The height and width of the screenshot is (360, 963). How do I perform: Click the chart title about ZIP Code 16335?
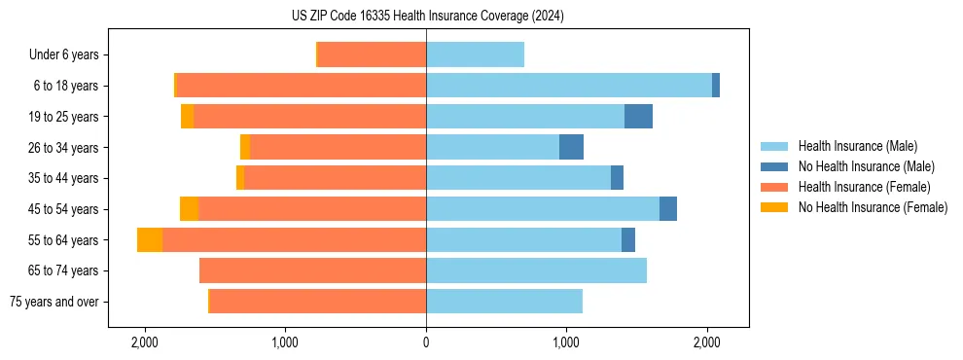(x=427, y=17)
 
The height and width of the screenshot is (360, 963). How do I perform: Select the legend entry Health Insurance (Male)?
(x=857, y=146)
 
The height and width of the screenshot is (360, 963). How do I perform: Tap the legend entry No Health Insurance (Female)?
(x=873, y=207)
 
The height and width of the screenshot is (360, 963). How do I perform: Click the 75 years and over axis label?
(x=53, y=302)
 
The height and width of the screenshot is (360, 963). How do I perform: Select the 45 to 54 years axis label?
(x=64, y=209)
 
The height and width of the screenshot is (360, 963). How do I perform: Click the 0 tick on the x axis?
(x=426, y=342)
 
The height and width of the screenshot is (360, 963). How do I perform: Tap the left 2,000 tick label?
(x=145, y=342)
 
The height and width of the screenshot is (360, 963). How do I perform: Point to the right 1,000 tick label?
(x=566, y=342)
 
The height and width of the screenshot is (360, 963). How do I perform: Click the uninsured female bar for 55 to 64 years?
(x=150, y=240)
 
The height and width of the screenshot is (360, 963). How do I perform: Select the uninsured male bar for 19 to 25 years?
(x=638, y=117)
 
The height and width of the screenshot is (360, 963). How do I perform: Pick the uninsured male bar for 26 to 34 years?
(x=571, y=148)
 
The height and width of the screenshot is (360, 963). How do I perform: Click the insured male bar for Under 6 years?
(x=475, y=55)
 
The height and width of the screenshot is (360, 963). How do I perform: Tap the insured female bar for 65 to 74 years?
(x=312, y=270)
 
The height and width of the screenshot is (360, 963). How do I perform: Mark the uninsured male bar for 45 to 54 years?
(x=668, y=209)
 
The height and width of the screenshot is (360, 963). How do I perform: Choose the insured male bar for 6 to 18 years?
(x=569, y=86)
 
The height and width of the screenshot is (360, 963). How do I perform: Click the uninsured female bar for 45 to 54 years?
(x=189, y=209)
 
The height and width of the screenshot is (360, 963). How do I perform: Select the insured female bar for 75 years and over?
(x=318, y=302)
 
